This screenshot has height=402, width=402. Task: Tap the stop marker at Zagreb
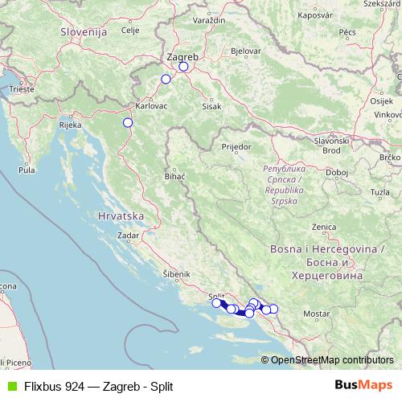click(183, 67)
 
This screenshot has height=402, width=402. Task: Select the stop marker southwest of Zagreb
click(166, 79)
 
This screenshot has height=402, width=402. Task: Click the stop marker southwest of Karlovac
click(127, 122)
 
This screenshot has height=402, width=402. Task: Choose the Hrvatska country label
click(119, 216)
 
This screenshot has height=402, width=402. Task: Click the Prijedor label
click(236, 148)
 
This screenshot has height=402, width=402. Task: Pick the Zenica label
click(323, 227)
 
